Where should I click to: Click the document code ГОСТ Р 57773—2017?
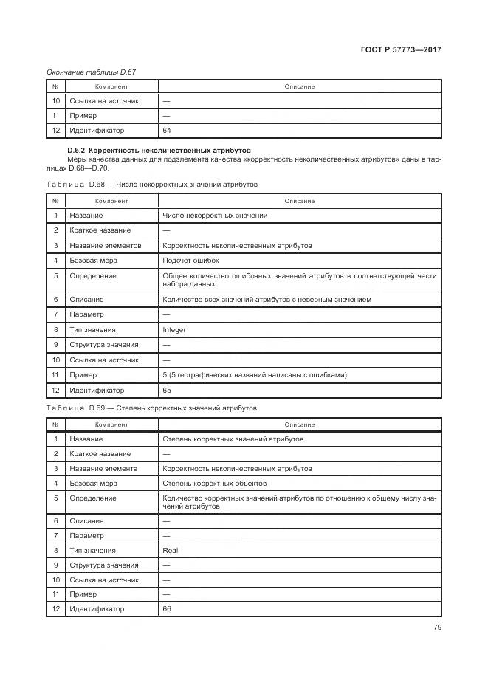pyautogui.click(x=401, y=50)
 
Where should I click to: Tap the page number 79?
pyautogui.click(x=436, y=628)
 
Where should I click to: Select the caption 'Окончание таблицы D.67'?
pyautogui.click(x=91, y=72)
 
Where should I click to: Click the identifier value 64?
pyautogui.click(x=167, y=131)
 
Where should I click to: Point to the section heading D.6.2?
pyautogui.click(x=159, y=150)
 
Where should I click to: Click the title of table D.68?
pyautogui.click(x=151, y=185)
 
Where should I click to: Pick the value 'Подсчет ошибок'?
pyautogui.click(x=190, y=261)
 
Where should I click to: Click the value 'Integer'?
pyautogui.click(x=174, y=330)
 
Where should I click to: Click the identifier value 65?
pyautogui.click(x=167, y=390)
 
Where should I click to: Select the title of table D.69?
pyautogui.click(x=151, y=408)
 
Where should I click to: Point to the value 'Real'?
pyautogui.click(x=170, y=550)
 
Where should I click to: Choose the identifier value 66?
pyautogui.click(x=167, y=609)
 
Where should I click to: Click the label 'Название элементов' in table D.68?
pyautogui.click(x=105, y=245)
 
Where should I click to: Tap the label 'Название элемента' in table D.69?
pyautogui.click(x=103, y=469)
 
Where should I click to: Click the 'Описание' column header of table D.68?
pyautogui.click(x=299, y=201)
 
